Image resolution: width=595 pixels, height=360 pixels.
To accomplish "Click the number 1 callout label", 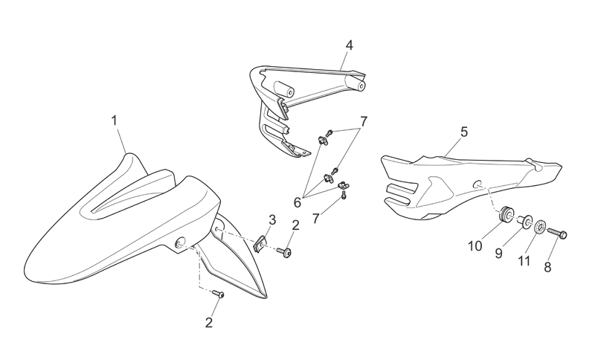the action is tap(114, 121).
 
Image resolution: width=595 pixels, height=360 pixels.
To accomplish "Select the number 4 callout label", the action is tap(349, 45).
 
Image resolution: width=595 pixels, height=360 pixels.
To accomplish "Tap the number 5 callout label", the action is tap(464, 132).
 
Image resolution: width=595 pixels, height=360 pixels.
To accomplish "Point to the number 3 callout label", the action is tap(272, 219).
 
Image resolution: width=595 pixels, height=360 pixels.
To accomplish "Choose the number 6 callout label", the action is tap(297, 202).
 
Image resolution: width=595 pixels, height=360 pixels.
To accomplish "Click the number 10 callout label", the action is tap(475, 246).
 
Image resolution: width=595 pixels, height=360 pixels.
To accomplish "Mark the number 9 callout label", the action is tap(498, 254).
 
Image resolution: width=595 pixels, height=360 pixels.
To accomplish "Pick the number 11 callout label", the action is tap(524, 260).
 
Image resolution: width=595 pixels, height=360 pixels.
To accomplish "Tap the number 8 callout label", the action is tap(547, 268).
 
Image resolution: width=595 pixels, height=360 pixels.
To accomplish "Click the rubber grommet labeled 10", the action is tap(506, 214).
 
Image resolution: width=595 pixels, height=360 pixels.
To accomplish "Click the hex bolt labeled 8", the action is tap(557, 232).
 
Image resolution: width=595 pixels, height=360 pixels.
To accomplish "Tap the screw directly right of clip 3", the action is tap(284, 252).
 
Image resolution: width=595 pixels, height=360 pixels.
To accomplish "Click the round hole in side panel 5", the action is tap(477, 184).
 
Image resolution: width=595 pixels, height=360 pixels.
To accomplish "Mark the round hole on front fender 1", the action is tap(180, 242).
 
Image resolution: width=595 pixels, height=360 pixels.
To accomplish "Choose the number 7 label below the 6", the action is tap(316, 219).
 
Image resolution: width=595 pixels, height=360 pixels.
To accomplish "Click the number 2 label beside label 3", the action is tap(295, 225).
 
